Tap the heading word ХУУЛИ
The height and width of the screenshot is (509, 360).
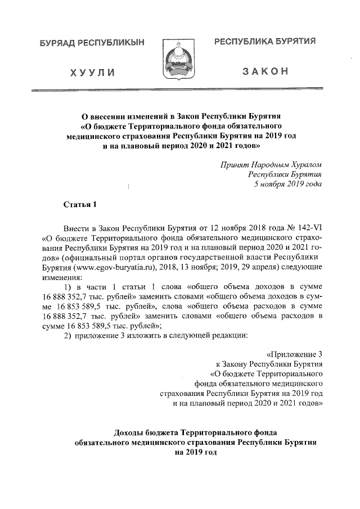[x=93, y=73]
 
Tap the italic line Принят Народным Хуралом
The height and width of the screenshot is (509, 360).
[x=272, y=164]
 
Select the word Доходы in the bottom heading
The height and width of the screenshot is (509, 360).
[x=129, y=432]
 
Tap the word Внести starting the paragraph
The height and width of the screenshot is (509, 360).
[x=76, y=227]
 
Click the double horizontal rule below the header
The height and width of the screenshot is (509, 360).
[x=179, y=89]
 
